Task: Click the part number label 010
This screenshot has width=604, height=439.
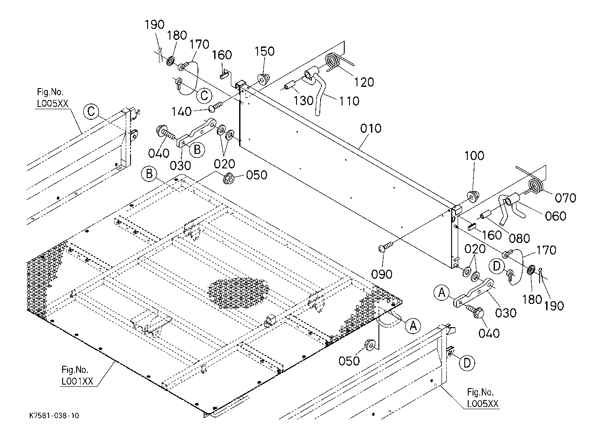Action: [x=371, y=129]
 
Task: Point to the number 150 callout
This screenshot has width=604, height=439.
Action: [x=265, y=51]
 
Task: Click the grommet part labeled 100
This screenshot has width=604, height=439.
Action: [x=473, y=196]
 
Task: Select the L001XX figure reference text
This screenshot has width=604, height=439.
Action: [x=77, y=381]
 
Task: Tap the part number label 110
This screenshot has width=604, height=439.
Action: [x=349, y=101]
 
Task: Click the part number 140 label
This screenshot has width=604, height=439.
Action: [x=181, y=112]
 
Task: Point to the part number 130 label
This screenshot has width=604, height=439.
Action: [x=304, y=100]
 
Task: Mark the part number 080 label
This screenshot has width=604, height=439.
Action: [x=519, y=238]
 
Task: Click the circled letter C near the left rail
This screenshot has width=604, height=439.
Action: [x=91, y=111]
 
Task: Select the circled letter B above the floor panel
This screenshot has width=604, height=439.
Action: [x=149, y=174]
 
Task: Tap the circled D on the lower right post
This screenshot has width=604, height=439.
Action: [x=468, y=363]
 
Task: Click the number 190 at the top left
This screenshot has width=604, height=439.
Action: [x=155, y=25]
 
